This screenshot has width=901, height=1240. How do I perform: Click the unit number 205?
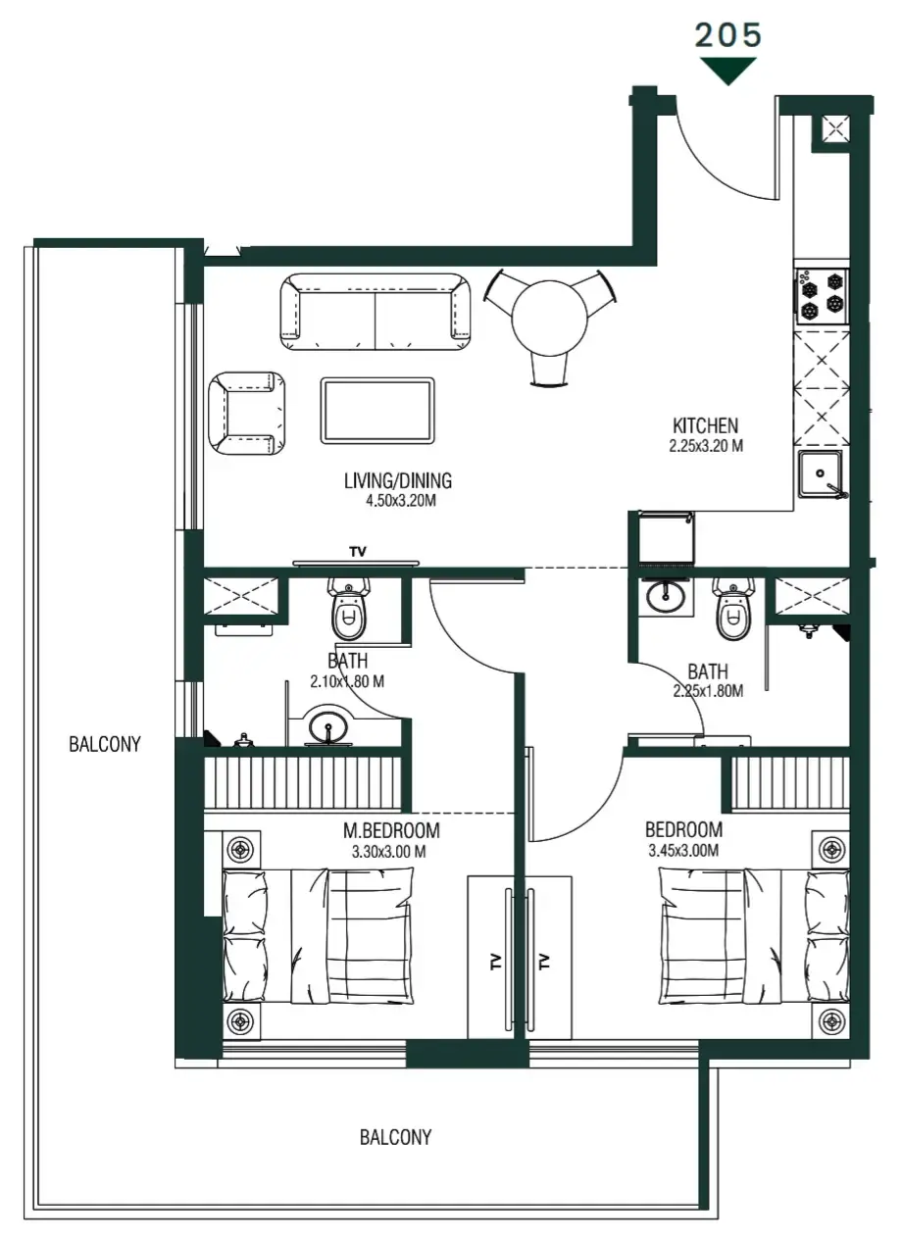pos(727,34)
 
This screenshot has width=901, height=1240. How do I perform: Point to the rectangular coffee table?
pos(376,411)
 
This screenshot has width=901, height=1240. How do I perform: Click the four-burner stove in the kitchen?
pos(821,295)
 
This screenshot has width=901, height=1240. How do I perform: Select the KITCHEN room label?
pos(705,425)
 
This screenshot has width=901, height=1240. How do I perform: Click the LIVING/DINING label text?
pos(398,480)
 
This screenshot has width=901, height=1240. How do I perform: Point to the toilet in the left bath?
pos(348,609)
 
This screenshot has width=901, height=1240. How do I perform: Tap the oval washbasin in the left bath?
pos(326,726)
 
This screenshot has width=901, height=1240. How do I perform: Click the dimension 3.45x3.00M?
pos(683,851)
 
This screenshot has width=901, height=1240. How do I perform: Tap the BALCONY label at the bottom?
pos(395,1138)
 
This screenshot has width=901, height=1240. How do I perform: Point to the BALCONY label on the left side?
pos(105,744)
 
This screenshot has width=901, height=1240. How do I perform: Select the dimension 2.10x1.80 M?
pos(347,681)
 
